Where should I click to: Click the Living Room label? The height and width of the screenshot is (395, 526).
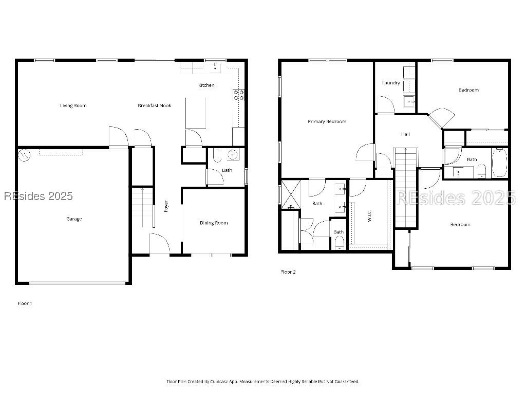tap(73, 105)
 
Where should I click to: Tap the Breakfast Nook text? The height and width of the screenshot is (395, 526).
tap(154, 105)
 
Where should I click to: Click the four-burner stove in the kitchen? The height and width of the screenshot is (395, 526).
tap(239, 95)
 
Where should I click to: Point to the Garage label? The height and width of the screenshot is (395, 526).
tap(74, 219)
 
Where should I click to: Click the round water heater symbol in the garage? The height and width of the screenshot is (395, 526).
tap(24, 154)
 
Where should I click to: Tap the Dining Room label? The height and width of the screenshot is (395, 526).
tap(214, 223)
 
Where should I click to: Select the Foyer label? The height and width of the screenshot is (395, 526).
tap(166, 206)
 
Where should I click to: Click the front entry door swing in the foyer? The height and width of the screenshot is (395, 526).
tap(159, 243)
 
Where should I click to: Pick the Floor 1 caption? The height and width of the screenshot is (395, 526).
tap(25, 303)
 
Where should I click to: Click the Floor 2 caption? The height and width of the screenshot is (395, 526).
tap(288, 272)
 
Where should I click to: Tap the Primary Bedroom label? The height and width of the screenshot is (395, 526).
tap(327, 121)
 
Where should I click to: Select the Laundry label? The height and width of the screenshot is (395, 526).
tap(391, 83)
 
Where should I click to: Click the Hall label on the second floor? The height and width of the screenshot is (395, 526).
tap(405, 134)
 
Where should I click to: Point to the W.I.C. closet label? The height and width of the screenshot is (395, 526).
tap(369, 216)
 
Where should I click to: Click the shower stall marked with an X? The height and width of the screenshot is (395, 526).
tap(290, 194)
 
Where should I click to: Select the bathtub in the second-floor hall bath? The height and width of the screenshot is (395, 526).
tap(499, 163)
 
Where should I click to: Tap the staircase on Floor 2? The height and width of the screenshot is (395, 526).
tap(405, 185)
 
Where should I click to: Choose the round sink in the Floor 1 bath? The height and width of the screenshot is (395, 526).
tap(233, 154)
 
